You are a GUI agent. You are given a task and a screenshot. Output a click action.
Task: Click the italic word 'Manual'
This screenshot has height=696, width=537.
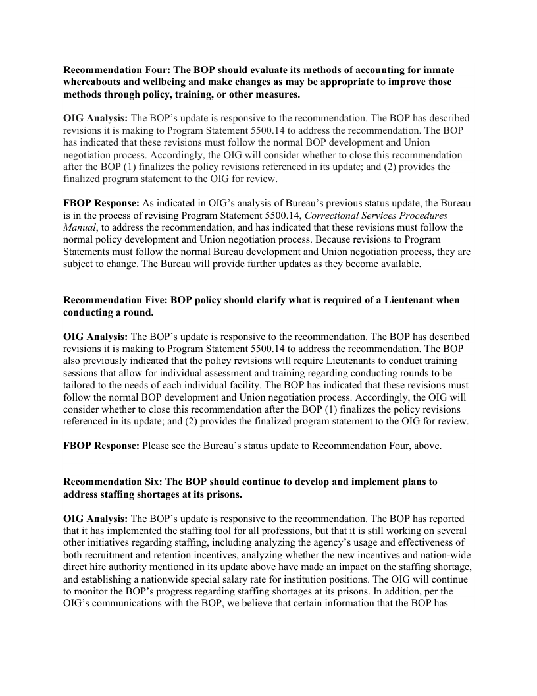[x=78, y=227]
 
